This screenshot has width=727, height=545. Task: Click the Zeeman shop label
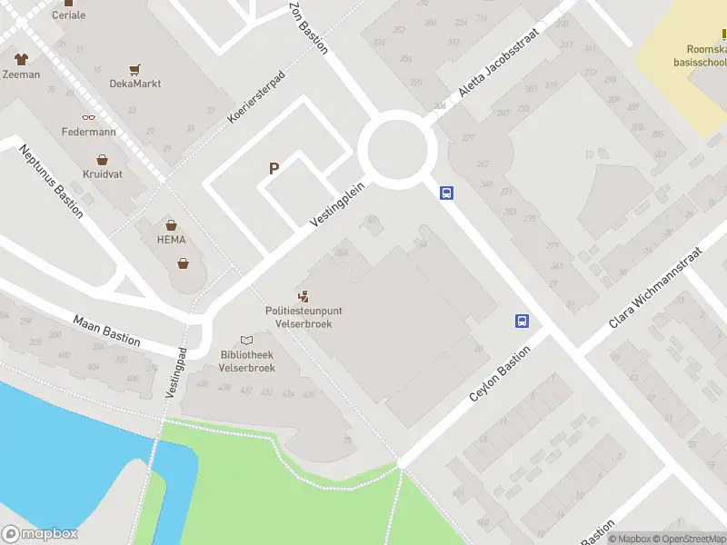click(x=21, y=74)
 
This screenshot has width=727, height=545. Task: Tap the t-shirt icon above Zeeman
click(x=21, y=58)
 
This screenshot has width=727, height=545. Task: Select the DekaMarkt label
click(x=135, y=84)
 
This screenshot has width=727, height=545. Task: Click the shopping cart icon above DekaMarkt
click(x=135, y=68)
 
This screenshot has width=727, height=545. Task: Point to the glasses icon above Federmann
click(x=88, y=117)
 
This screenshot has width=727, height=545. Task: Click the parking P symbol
click(x=273, y=168)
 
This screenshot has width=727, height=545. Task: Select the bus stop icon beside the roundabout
click(x=447, y=193)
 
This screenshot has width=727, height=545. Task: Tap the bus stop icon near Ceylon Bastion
click(x=523, y=321)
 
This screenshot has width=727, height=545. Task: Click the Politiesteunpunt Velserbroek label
click(x=299, y=317)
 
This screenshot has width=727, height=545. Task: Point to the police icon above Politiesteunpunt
click(x=303, y=295)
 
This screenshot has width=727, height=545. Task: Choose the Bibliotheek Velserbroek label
click(x=247, y=361)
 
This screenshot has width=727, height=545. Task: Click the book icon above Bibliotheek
click(x=246, y=340)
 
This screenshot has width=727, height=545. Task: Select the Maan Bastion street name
click(x=107, y=329)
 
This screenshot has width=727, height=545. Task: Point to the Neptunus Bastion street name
click(x=51, y=180)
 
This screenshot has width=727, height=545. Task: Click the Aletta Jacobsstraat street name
click(x=498, y=62)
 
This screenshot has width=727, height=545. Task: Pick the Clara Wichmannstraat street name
click(x=655, y=287)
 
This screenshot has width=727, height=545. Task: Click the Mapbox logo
click(x=39, y=534)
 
